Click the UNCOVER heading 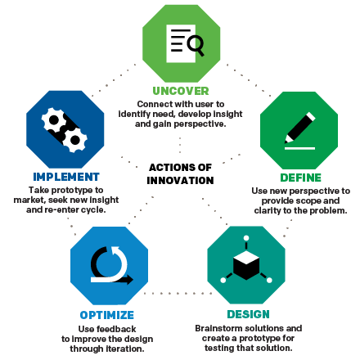click(181, 91)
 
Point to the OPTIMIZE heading click(106, 315)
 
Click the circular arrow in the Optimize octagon click(110, 266)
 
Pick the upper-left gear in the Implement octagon click(56, 120)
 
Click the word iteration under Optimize click(124, 348)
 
